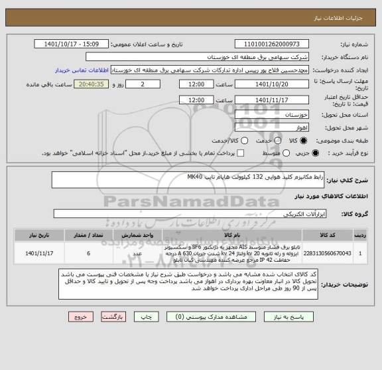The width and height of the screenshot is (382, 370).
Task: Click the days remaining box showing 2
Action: (x=143, y=84)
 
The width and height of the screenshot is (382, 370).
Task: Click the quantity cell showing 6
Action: (x=88, y=252)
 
